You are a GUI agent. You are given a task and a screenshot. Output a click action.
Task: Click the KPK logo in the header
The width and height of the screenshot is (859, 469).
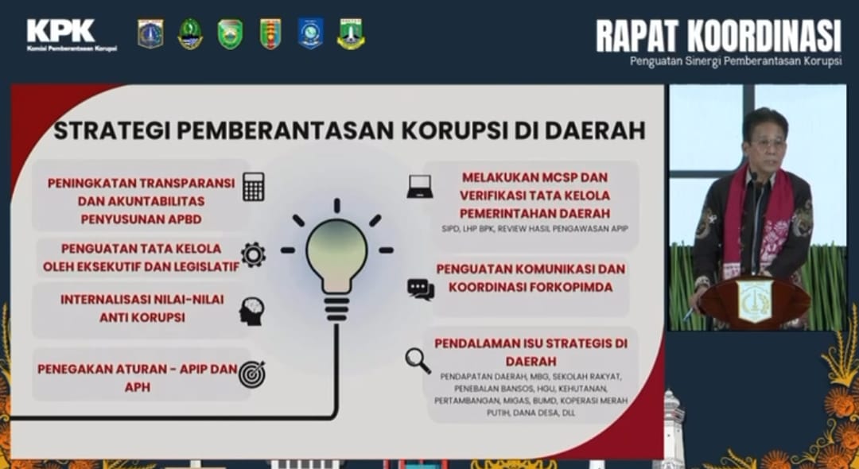pyautogui.click(x=72, y=35)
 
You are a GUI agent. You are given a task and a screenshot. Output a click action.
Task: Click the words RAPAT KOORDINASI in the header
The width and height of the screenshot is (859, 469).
pyautogui.click(x=718, y=36)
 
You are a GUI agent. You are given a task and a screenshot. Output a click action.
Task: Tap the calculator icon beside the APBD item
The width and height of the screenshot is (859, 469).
pyautogui.click(x=253, y=187)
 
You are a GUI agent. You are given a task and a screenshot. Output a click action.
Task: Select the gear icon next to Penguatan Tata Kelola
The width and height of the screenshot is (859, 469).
pyautogui.click(x=253, y=254)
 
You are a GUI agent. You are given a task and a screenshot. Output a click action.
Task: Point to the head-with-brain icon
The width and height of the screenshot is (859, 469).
pyautogui.click(x=251, y=312)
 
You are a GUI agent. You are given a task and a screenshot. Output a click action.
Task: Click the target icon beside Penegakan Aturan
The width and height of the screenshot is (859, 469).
pyautogui.click(x=252, y=374)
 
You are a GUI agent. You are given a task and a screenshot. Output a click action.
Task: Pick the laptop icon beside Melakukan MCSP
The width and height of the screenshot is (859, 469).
pyautogui.click(x=420, y=187)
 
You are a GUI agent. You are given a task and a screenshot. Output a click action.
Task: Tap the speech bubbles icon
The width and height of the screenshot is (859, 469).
pyautogui.click(x=420, y=289)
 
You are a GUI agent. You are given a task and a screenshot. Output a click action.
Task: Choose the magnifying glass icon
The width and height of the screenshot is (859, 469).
pyautogui.click(x=418, y=361)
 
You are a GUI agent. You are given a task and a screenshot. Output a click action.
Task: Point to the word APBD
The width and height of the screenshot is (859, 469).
pyautogui.click(x=180, y=219)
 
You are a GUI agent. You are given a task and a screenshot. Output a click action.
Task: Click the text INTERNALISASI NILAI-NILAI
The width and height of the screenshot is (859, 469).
pyautogui.click(x=142, y=300)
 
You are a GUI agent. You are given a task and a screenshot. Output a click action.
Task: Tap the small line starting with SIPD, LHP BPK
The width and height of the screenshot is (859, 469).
pyautogui.click(x=534, y=229)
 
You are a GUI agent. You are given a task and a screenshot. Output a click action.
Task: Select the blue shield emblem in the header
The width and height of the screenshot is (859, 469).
pyautogui.click(x=310, y=33)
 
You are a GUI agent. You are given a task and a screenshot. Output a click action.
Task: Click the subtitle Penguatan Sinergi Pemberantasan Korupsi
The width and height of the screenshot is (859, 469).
pyautogui.click(x=735, y=62)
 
